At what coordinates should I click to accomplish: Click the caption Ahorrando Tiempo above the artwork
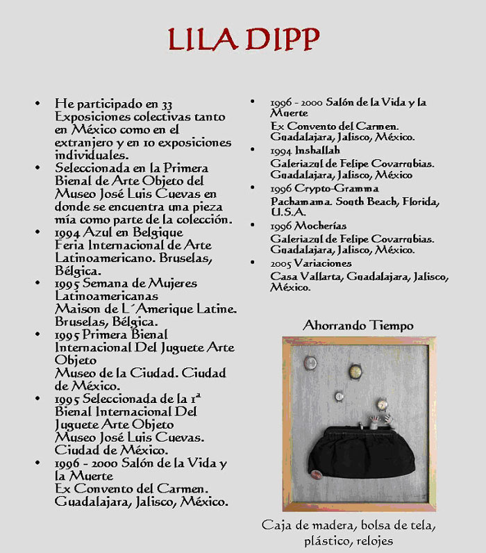[358, 325]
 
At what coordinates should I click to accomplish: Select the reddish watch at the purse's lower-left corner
[317, 474]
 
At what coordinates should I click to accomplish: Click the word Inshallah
[317, 150]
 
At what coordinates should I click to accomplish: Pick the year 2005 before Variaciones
[282, 264]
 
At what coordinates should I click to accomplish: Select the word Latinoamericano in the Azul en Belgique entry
[94, 258]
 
